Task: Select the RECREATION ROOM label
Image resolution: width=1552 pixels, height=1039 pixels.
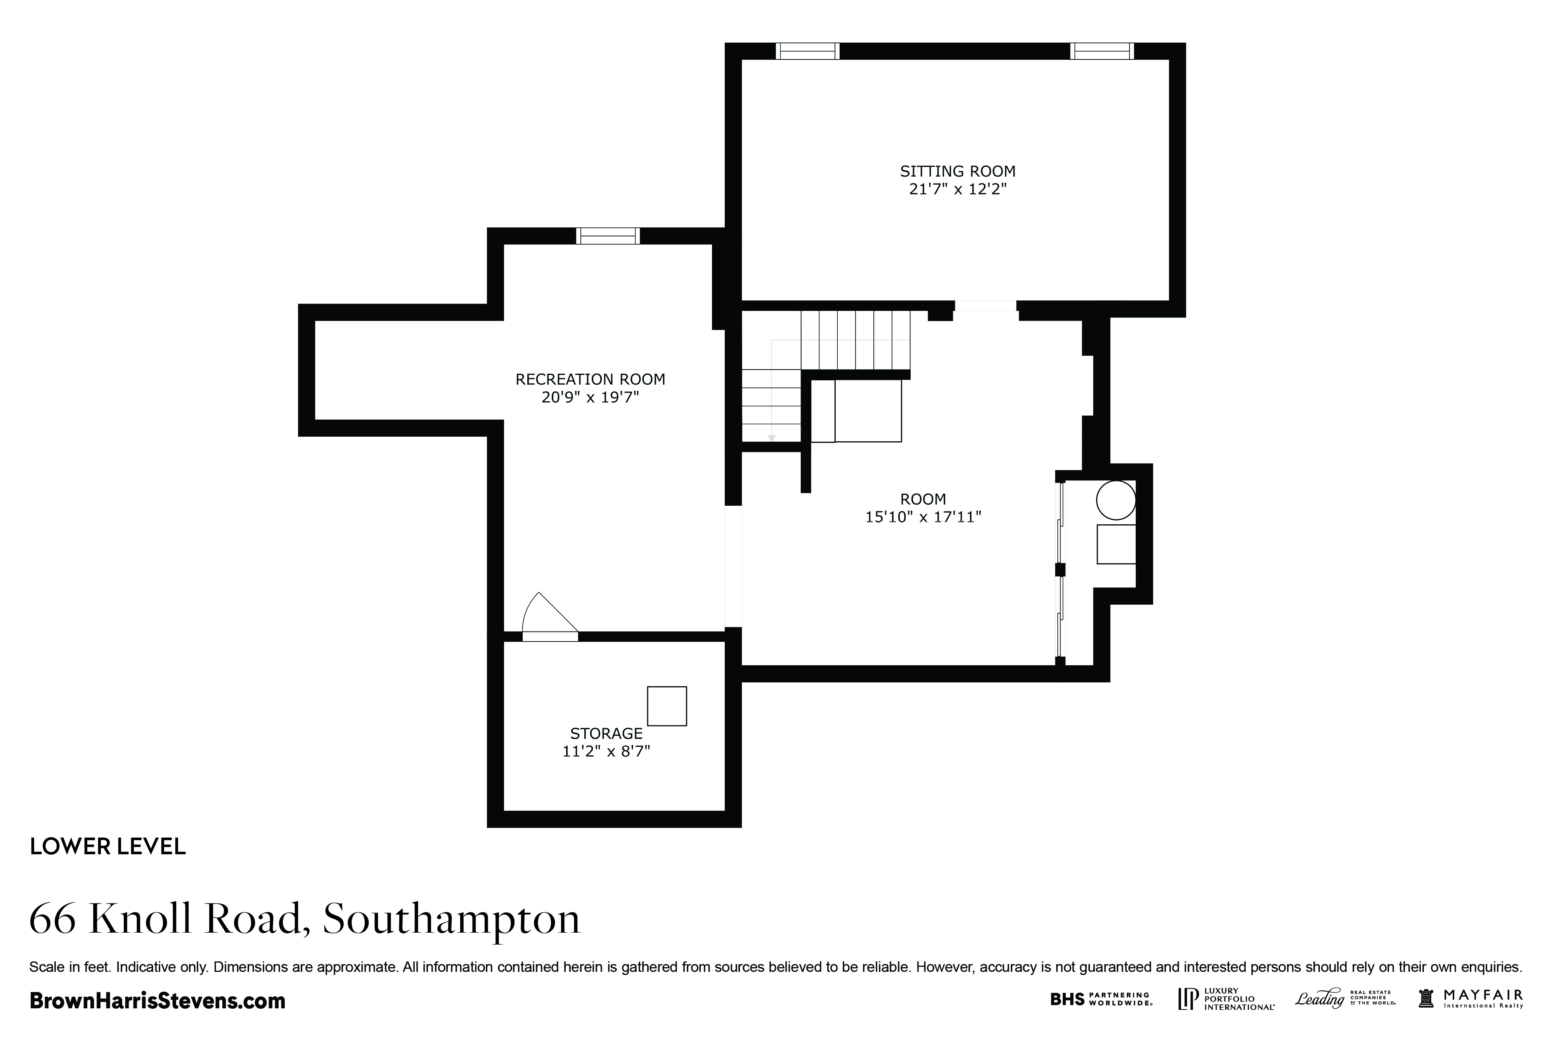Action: (590, 379)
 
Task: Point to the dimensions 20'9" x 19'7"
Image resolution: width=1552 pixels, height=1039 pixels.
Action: (590, 397)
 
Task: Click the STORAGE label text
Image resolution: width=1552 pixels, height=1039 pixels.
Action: (606, 734)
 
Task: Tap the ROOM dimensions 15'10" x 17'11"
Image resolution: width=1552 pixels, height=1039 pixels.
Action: (923, 517)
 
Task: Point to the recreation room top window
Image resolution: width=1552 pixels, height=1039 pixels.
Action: (608, 236)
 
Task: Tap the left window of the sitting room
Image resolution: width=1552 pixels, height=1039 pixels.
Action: (807, 51)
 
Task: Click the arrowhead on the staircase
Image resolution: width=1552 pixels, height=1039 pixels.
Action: (771, 438)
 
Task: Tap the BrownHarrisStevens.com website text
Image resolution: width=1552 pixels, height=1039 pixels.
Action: (158, 1001)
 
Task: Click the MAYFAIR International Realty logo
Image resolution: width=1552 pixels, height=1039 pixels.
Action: (1471, 999)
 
